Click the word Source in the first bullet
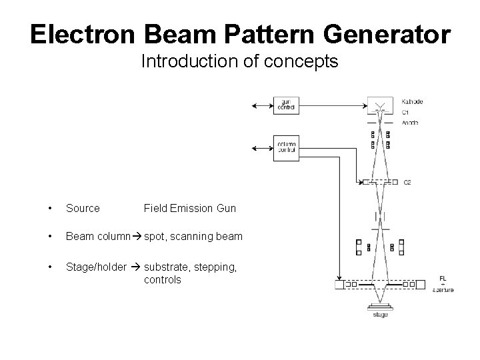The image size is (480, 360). point(83,209)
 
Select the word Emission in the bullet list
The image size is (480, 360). point(190,209)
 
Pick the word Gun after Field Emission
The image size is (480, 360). point(226,209)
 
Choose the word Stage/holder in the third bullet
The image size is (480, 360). point(96,267)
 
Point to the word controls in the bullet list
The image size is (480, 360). point(162,280)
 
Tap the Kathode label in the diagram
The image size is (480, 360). point(413,102)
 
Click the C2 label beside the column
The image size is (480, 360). point(407,182)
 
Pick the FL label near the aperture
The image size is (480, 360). point(443,278)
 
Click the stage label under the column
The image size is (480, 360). point(381,314)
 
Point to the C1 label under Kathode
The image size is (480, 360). point(406,112)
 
